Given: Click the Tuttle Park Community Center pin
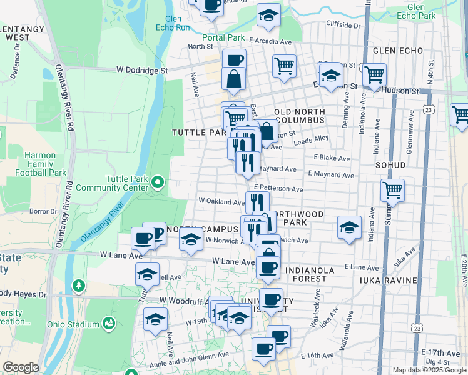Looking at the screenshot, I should click(158, 182).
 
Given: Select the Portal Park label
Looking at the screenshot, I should click(223, 37).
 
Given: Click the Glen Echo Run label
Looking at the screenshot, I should click(173, 23).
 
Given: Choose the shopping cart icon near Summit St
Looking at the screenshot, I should click(392, 189).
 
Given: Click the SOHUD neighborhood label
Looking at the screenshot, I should click(391, 165).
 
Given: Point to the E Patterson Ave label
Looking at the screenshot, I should click(278, 189).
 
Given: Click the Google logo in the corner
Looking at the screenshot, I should click(21, 367).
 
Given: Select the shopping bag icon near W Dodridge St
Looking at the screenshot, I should click(233, 79).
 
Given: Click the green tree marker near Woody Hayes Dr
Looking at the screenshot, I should click(78, 286).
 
